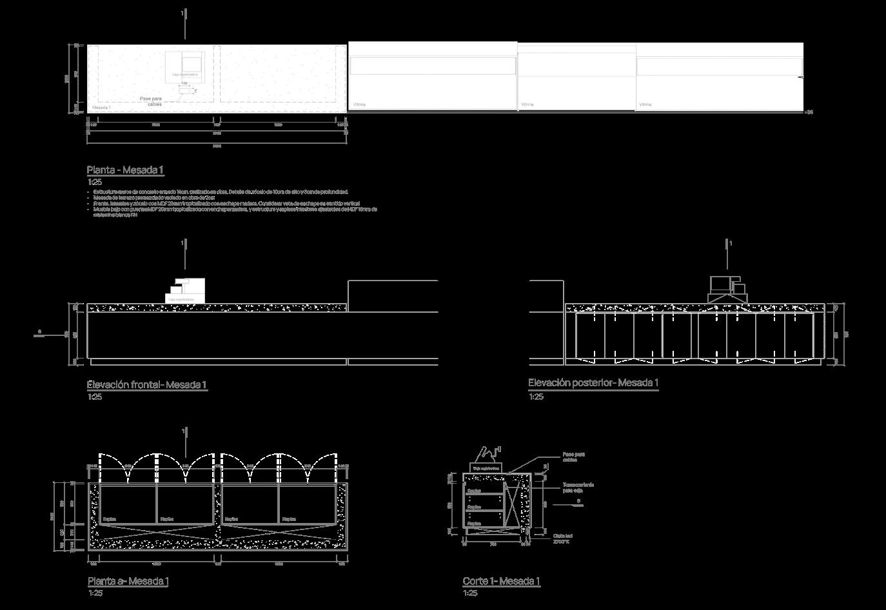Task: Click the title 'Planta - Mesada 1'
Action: [x=125, y=170]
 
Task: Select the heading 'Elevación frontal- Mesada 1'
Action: [x=147, y=385]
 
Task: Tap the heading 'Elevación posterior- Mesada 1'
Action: [x=593, y=383]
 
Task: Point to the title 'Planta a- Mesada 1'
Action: [x=128, y=582]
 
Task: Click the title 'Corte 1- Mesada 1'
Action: [x=501, y=582]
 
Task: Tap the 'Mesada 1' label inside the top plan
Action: [x=101, y=108]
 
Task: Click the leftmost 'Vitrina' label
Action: [x=359, y=104]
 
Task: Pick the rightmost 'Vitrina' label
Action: [x=645, y=104]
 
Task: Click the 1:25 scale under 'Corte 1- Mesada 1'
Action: [x=470, y=593]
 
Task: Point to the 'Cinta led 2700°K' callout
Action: [x=562, y=538]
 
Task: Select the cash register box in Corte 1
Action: [x=486, y=467]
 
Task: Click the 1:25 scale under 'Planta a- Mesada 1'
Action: [x=95, y=593]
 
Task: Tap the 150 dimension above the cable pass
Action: [x=184, y=84]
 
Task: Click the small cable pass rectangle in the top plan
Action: [x=188, y=92]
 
